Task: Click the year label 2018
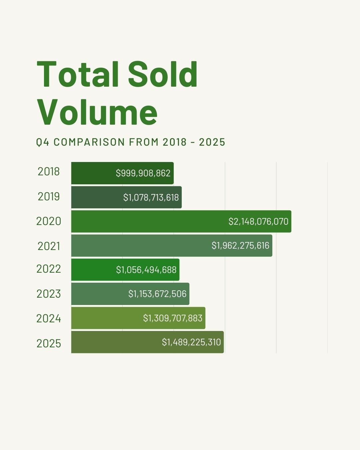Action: [49, 172]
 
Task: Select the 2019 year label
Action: [49, 197]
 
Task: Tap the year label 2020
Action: [49, 221]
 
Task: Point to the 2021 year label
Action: [49, 246]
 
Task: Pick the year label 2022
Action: [49, 269]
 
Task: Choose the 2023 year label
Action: [49, 294]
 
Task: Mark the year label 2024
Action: [49, 319]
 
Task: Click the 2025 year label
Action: [49, 343]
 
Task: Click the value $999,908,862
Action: [143, 173]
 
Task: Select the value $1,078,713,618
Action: [151, 198]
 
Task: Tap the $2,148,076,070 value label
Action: [258, 222]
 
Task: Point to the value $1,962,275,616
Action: [240, 246]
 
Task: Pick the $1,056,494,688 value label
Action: [146, 270]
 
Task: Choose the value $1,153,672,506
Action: [157, 294]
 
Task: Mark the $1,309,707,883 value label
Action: [173, 318]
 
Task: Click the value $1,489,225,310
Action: [191, 342]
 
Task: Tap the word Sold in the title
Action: [163, 74]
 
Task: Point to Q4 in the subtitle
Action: [43, 142]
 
